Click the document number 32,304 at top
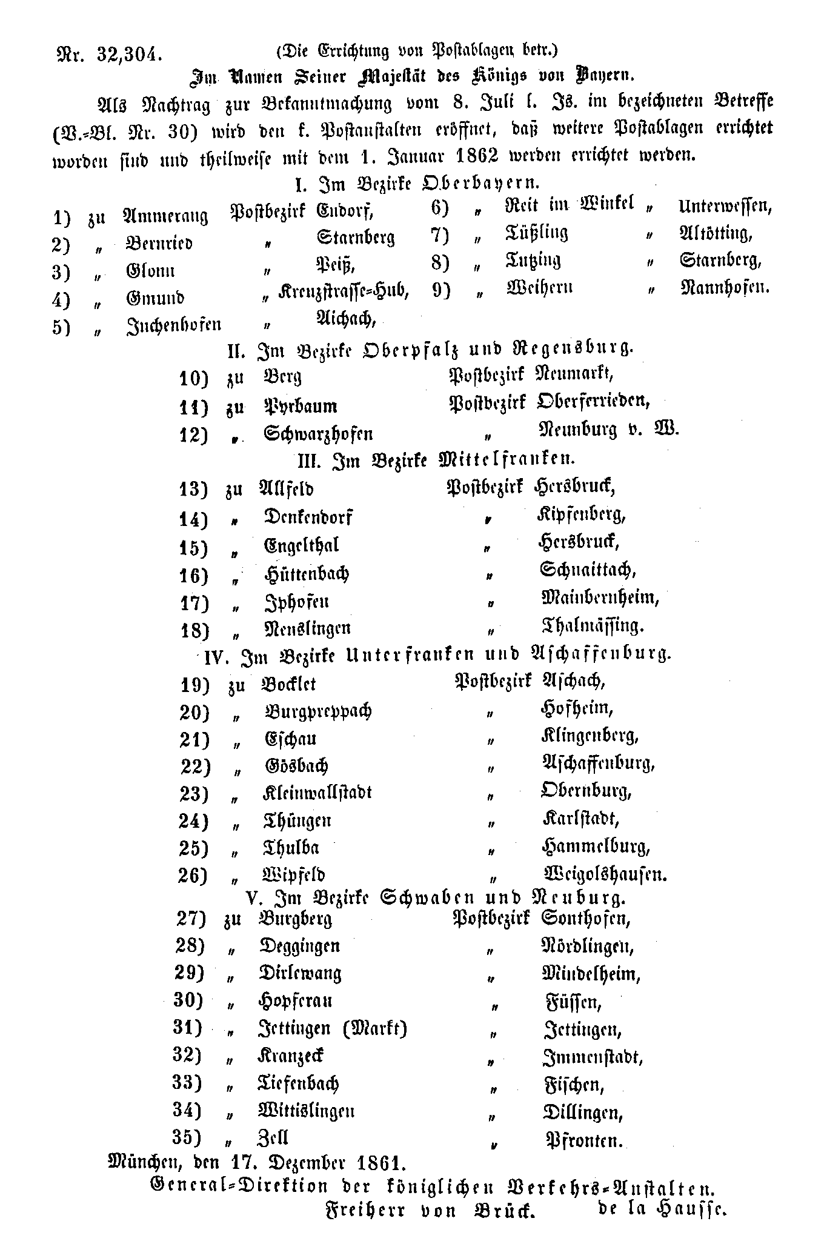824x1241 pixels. pyautogui.click(x=128, y=55)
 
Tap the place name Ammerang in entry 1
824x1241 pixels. pyautogui.click(x=165, y=216)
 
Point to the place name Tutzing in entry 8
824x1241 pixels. pyautogui.click(x=533, y=261)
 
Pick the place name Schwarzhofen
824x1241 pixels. pyautogui.click(x=318, y=434)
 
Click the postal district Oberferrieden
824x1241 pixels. pyautogui.click(x=593, y=401)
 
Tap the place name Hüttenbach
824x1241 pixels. pyautogui.click(x=307, y=573)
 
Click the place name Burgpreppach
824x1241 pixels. pyautogui.click(x=318, y=711)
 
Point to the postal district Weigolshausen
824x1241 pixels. pyautogui.click(x=605, y=874)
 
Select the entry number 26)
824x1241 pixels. pyautogui.click(x=194, y=876)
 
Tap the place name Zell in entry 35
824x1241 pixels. pyautogui.click(x=274, y=1137)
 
